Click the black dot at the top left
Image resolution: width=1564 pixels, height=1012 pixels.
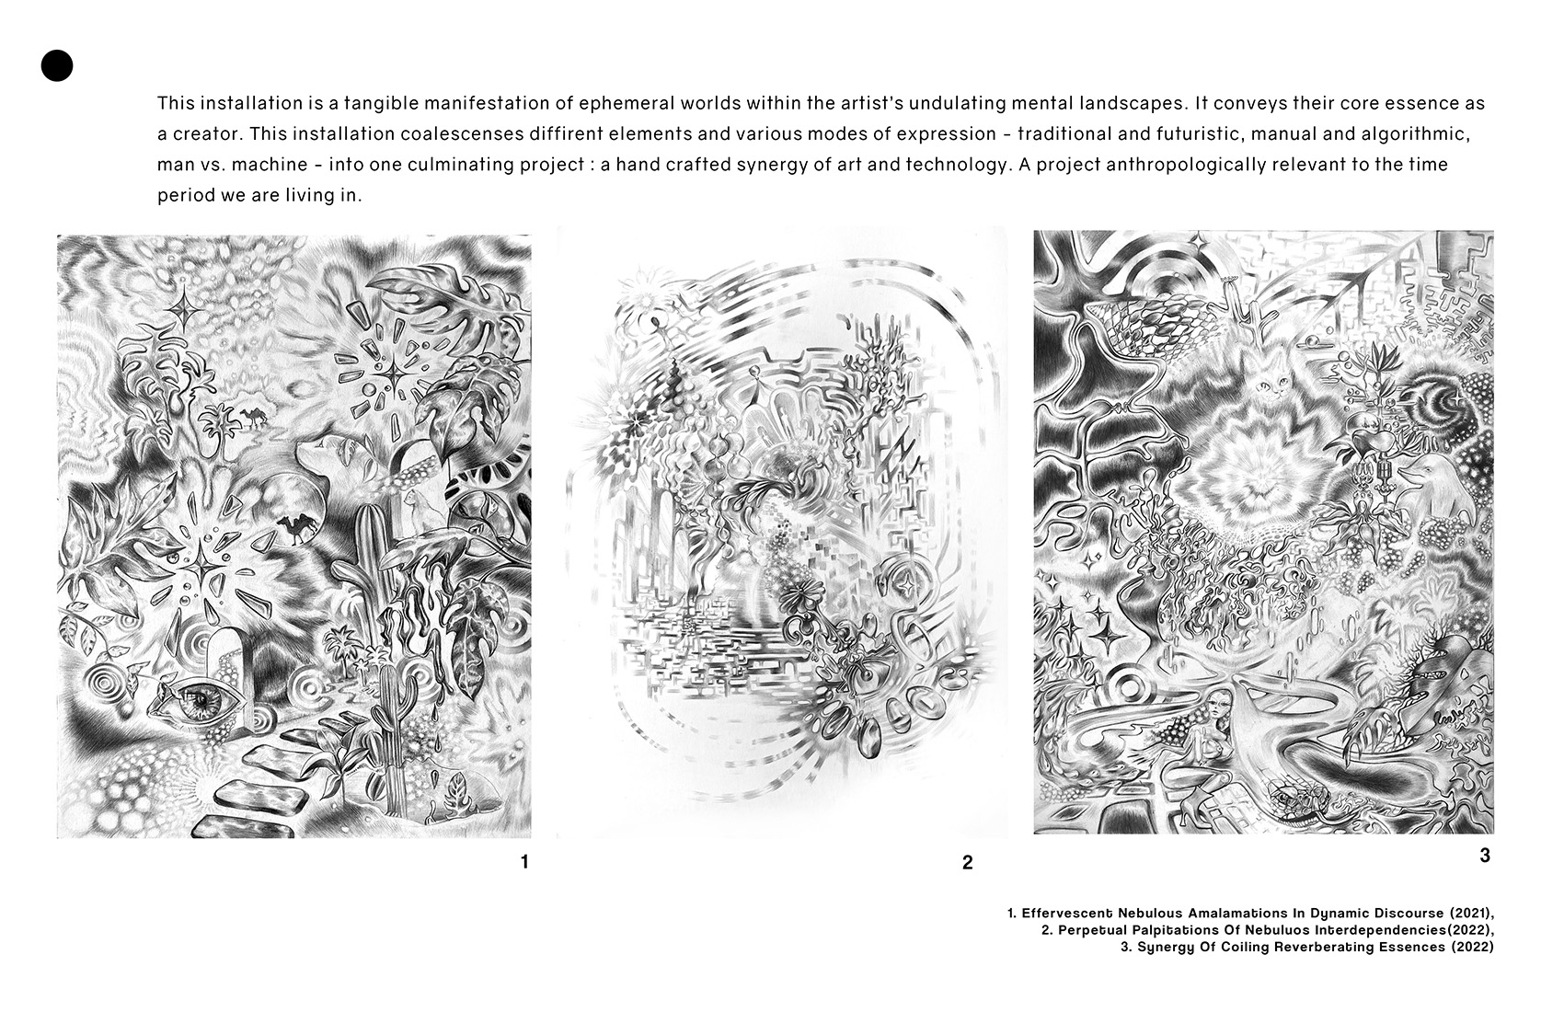point(56,65)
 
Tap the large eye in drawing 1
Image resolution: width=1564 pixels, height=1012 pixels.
point(199,699)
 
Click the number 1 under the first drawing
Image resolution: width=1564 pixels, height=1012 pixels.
point(524,862)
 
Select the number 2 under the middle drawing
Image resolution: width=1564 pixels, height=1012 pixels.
point(967,863)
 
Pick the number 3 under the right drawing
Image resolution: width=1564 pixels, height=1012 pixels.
point(1484,855)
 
